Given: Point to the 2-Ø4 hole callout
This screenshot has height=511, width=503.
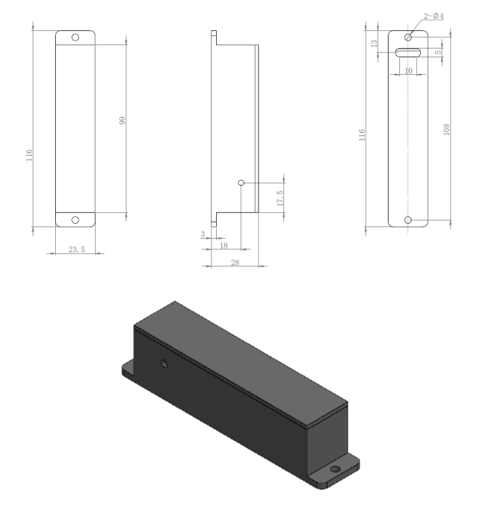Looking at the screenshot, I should coord(434,16).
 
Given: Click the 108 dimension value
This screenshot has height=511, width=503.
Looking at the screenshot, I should coord(446,129).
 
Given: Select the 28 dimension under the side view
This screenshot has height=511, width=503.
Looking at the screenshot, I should coord(235,262).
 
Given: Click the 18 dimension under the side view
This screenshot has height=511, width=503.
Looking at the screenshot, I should coord(224,246).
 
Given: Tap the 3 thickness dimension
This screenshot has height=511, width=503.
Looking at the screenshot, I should coord(202,234).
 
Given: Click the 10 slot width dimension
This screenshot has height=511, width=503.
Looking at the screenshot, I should coord(408,70).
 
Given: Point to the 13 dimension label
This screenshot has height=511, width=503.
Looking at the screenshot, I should coord(374,44).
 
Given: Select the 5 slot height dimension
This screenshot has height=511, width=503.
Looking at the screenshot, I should coord(438,52).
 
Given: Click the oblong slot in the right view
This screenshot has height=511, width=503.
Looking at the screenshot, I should coord(408,53).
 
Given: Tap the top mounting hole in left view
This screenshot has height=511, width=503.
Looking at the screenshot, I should coord(75,37).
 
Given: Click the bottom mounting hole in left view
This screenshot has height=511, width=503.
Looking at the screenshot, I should coord(75,220).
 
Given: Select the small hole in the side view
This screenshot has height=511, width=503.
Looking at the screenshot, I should coord(241,183).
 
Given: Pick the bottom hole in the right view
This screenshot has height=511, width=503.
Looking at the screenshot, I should coord(408,220).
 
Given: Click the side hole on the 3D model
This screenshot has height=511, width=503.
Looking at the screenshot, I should coord(164,364).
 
